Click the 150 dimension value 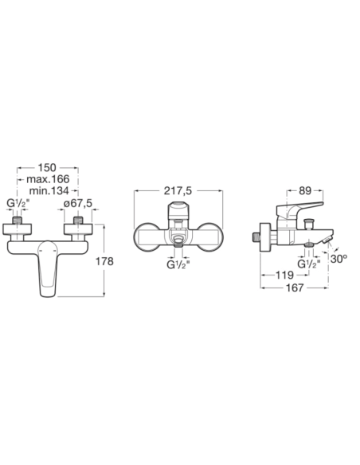coord(47,167)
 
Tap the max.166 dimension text coord(48,179)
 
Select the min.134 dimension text coord(49,190)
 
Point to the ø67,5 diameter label coord(78,204)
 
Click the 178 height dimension coord(104,261)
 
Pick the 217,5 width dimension coord(178,191)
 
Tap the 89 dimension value coord(305,191)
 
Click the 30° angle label coord(338,259)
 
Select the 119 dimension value coord(284,275)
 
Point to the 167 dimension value coord(295,287)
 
